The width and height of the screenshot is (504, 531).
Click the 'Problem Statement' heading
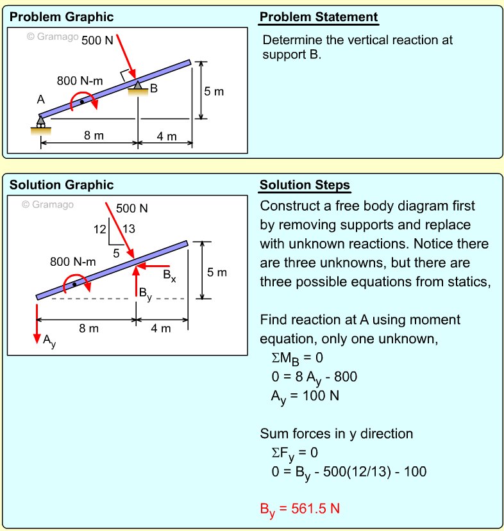click(318, 17)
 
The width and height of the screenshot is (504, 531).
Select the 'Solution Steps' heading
click(305, 186)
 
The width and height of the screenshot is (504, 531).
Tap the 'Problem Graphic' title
click(62, 17)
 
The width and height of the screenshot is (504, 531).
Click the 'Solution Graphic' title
click(62, 186)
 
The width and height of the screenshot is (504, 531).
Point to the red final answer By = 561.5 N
click(299, 510)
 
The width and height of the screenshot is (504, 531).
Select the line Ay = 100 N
click(305, 396)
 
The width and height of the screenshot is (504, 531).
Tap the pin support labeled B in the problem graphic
click(138, 88)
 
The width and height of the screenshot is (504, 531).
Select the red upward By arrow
click(136, 280)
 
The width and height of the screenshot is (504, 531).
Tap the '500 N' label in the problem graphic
click(97, 40)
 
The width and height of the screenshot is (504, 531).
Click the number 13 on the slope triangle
click(128, 229)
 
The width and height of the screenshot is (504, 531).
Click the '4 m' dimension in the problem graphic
click(167, 136)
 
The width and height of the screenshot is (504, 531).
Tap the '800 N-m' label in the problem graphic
click(80, 81)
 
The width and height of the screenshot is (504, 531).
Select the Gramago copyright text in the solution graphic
click(48, 205)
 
